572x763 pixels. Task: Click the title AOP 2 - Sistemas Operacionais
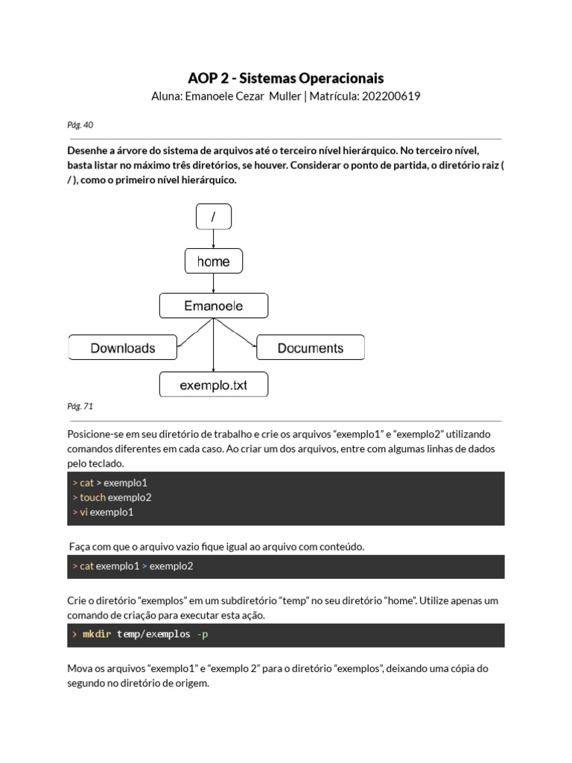pyautogui.click(x=285, y=78)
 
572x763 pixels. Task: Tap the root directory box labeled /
pyautogui.click(x=213, y=217)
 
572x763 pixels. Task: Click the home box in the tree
pyautogui.click(x=213, y=262)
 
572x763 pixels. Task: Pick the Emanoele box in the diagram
pyautogui.click(x=213, y=305)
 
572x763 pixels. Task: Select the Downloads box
pyautogui.click(x=123, y=348)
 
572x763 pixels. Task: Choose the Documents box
pyautogui.click(x=310, y=348)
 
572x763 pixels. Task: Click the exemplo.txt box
pyautogui.click(x=213, y=385)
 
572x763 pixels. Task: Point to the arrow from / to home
pyautogui.click(x=214, y=239)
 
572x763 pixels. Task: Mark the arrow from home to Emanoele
pyautogui.click(x=214, y=283)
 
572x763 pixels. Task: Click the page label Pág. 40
pyautogui.click(x=80, y=125)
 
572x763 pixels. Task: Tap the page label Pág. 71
pyautogui.click(x=80, y=407)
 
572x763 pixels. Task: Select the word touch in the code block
pyautogui.click(x=92, y=498)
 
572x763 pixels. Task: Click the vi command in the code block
pyautogui.click(x=84, y=513)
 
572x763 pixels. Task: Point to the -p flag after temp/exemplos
pyautogui.click(x=203, y=635)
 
